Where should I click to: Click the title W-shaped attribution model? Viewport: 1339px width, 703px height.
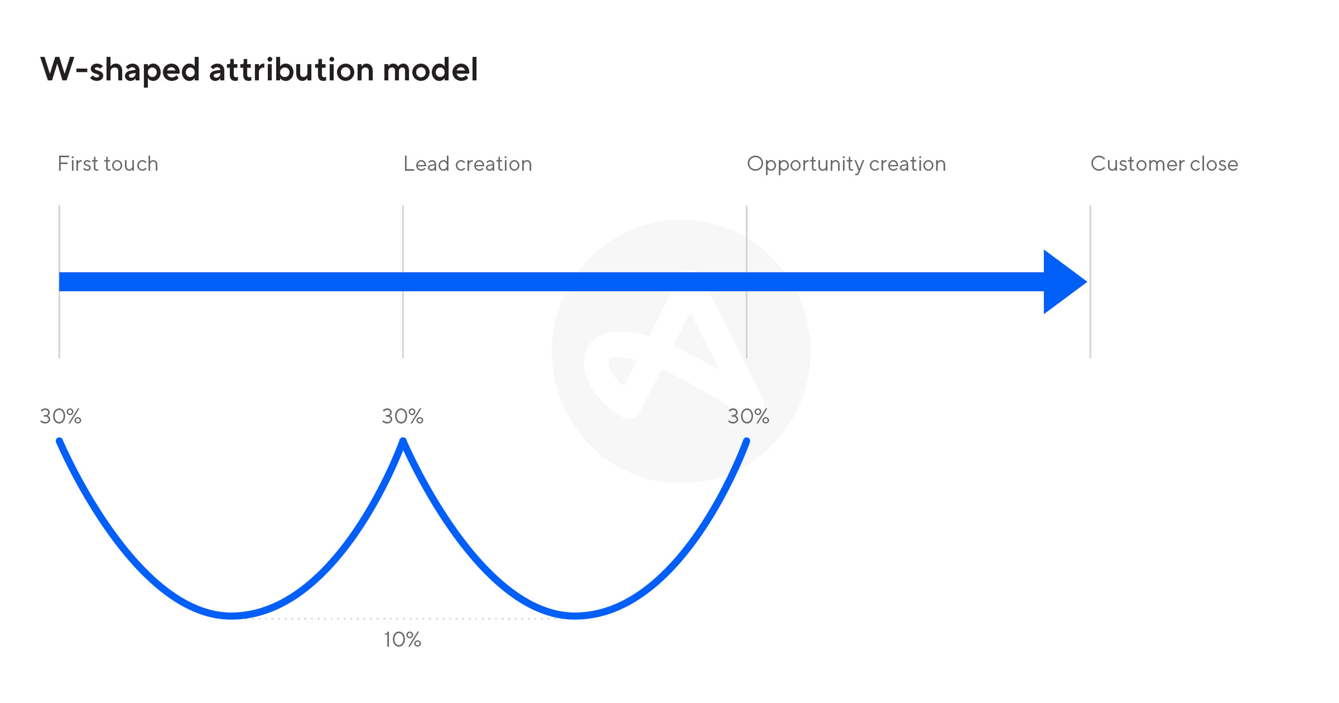coord(259,70)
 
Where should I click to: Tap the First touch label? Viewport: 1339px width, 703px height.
coord(107,164)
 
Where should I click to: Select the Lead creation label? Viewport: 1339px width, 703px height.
coord(468,164)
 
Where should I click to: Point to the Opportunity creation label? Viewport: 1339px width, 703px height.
coord(846,164)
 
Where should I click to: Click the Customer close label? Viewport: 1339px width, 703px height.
coord(1164,164)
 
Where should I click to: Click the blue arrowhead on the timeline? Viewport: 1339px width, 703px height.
coord(1063,282)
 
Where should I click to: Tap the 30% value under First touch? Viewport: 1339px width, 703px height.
coord(61,416)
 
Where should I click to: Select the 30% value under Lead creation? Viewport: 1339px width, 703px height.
coord(403,416)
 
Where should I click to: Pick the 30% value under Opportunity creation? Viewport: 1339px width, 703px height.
coord(749,416)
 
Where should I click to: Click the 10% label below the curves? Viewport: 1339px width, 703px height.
coord(402,640)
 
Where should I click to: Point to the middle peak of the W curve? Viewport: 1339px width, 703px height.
coord(403,441)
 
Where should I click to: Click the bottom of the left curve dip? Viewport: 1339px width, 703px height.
coord(232,616)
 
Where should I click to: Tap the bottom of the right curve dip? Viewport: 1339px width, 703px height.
coord(575,616)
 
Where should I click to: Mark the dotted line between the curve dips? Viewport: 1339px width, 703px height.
coord(403,618)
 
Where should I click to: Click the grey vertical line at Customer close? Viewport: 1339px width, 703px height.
coord(1090,282)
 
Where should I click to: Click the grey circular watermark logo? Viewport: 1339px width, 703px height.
coord(681,351)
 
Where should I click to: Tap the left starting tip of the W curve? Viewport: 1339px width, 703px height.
coord(59,441)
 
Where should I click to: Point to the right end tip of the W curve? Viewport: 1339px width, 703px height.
coord(747,441)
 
